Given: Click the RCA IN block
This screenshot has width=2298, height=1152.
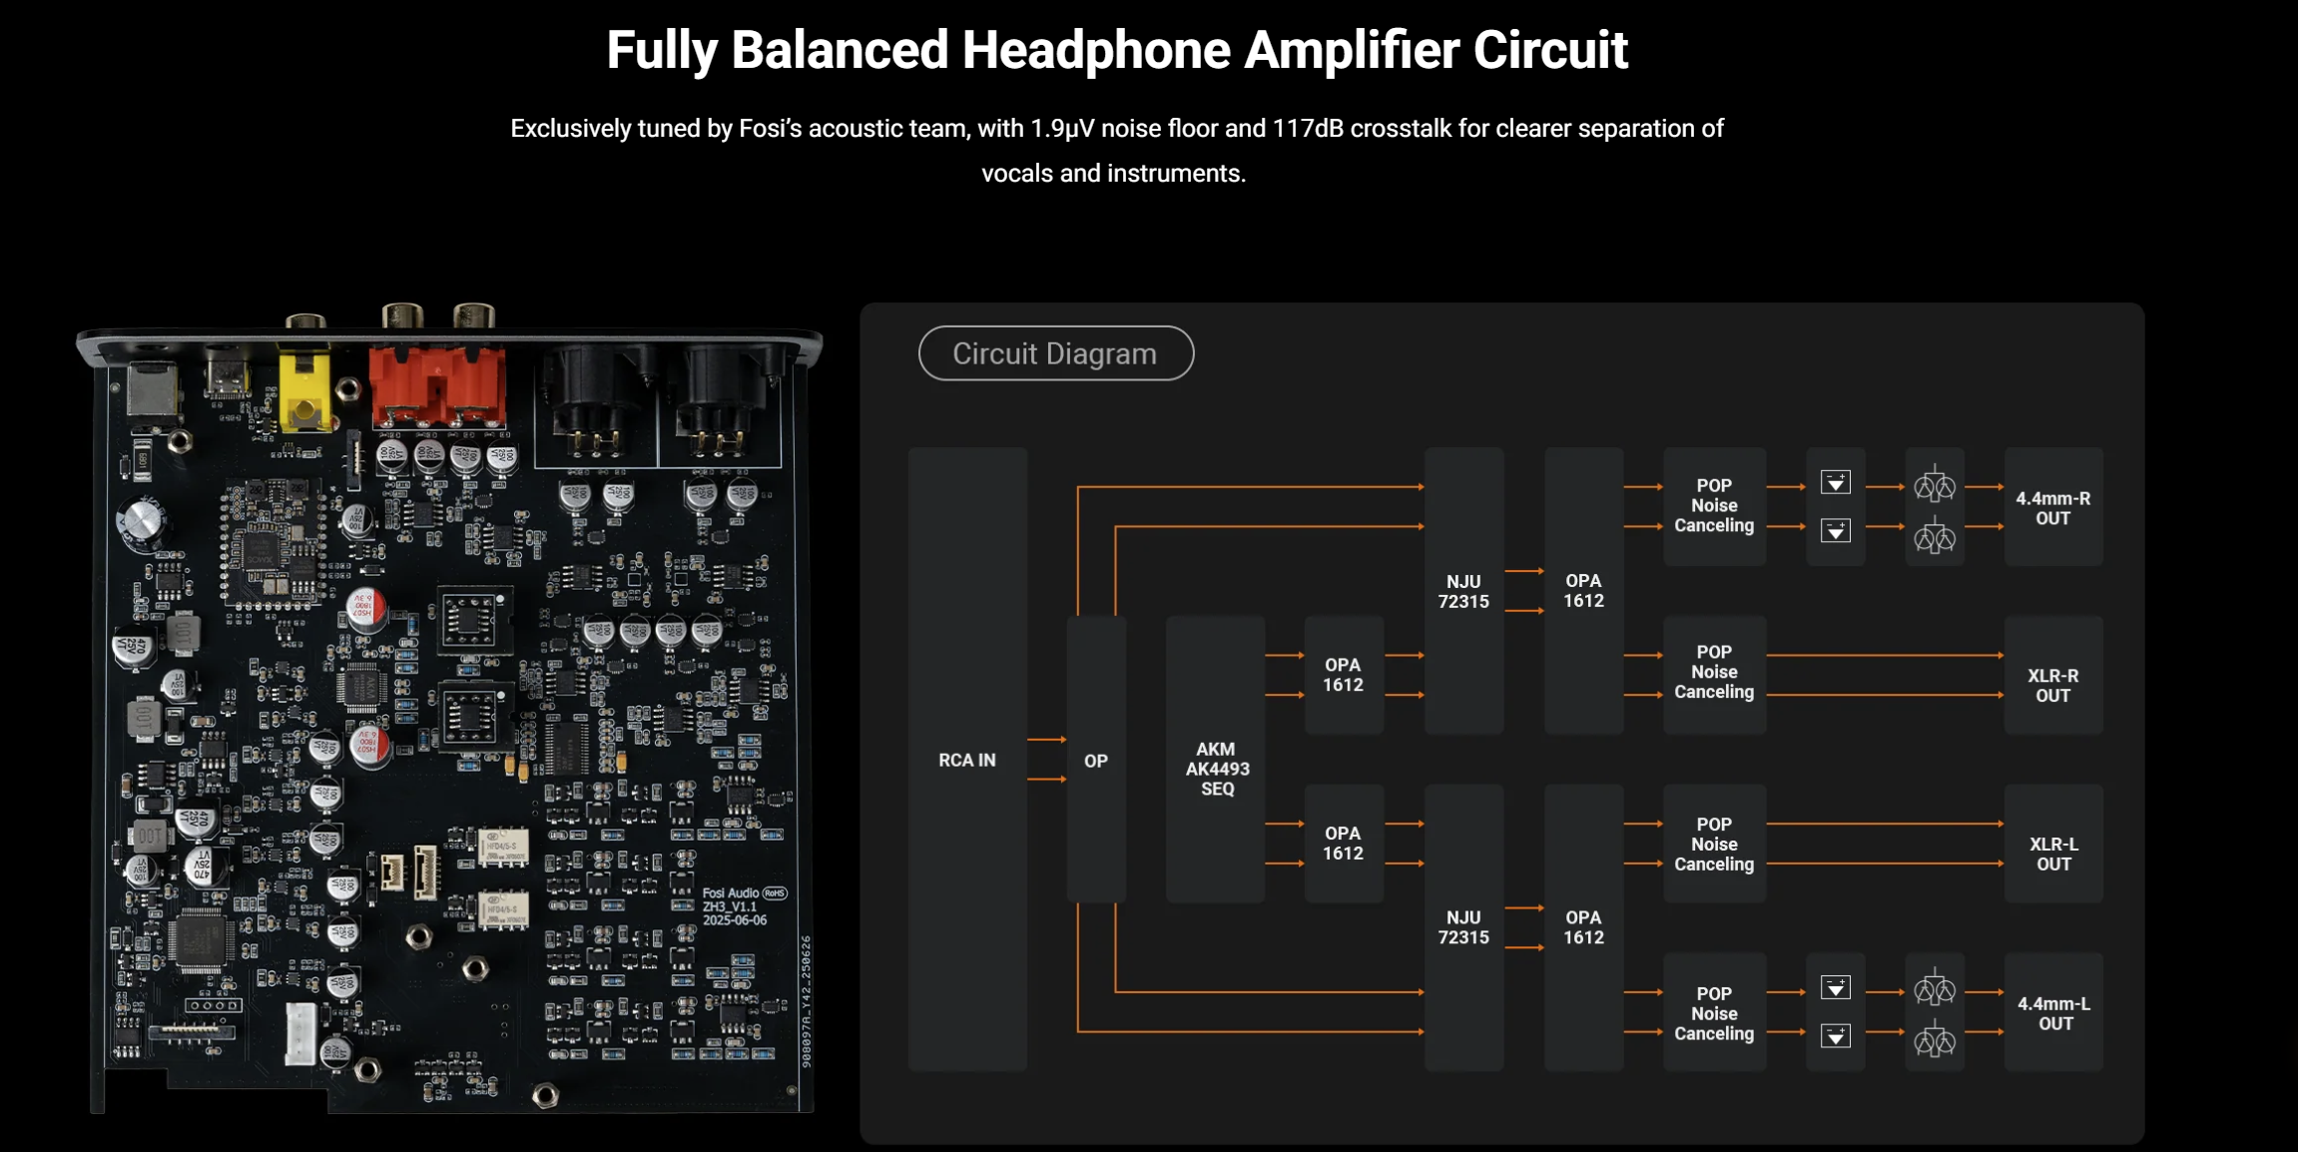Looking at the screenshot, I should [x=966, y=760].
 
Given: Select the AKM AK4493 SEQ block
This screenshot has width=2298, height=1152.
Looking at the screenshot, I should [x=1216, y=768].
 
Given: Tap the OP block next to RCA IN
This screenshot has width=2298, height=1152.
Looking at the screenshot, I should [x=1095, y=761].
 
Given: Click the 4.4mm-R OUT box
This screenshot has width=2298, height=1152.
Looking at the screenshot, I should [x=2052, y=507].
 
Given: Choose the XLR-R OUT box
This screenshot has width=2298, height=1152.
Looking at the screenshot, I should [x=2052, y=685].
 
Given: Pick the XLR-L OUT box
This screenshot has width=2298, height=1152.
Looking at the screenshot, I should [x=2052, y=854].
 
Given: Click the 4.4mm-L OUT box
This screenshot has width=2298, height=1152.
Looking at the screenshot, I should [x=2052, y=1013].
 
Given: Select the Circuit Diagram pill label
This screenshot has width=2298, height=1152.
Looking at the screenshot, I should [x=1055, y=353].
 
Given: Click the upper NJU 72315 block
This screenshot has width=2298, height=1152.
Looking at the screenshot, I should [x=1462, y=591].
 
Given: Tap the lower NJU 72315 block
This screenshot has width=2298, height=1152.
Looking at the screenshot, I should [x=1462, y=926].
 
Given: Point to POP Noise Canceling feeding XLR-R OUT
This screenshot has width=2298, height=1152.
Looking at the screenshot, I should [x=1713, y=672].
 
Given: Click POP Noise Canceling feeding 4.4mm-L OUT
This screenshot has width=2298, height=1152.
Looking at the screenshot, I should [x=1713, y=1013].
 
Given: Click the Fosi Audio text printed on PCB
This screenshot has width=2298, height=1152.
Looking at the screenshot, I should [x=731, y=893].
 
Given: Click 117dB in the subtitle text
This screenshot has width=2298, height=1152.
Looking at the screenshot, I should [x=1307, y=129].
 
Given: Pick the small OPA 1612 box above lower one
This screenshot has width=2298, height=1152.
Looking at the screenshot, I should [x=1343, y=675].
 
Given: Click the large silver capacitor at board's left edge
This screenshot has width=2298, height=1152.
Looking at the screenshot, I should [x=142, y=521].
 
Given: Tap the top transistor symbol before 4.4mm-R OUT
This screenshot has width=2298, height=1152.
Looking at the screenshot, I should [x=1934, y=486].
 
